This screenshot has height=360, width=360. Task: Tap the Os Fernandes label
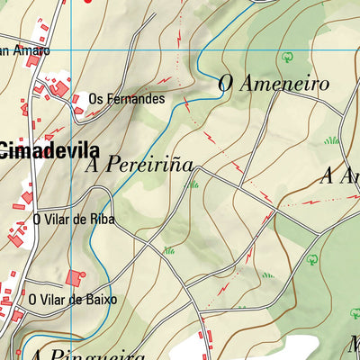(x=127, y=99)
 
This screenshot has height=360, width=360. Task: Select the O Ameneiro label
(x=274, y=84)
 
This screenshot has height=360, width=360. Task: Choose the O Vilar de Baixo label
(x=73, y=300)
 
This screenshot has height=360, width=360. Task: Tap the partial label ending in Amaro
(x=24, y=51)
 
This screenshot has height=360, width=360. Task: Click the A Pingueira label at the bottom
(x=90, y=354)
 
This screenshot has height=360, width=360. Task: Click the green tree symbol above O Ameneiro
(x=288, y=56)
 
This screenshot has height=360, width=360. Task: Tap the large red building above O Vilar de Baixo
(x=75, y=278)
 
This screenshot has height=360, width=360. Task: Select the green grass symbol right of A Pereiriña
(x=193, y=184)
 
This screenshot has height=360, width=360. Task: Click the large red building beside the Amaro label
(x=32, y=61)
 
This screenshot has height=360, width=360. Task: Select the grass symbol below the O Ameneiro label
(x=331, y=139)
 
